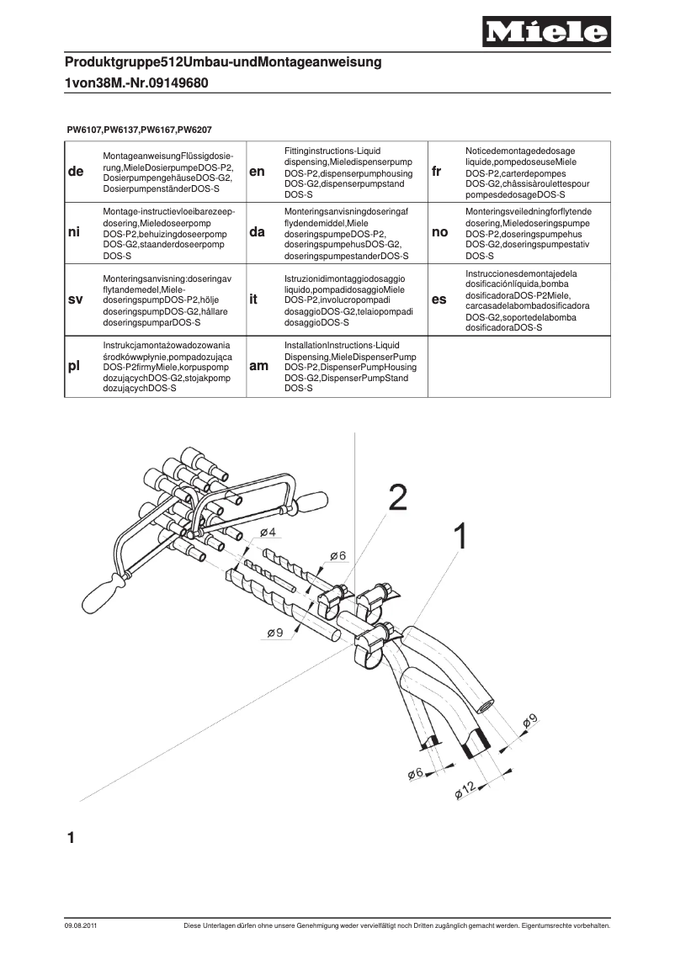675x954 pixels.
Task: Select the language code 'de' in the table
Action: click(75, 172)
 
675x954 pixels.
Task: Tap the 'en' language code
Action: click(258, 172)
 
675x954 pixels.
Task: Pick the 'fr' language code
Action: click(437, 172)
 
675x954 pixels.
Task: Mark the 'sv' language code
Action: click(75, 299)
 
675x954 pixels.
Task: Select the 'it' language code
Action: click(253, 299)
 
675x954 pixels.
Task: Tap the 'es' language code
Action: click(439, 299)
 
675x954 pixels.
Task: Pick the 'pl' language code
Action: click(74, 367)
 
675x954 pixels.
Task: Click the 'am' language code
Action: click(259, 367)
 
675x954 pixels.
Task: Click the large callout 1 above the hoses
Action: click(460, 537)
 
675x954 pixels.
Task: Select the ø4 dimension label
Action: click(268, 533)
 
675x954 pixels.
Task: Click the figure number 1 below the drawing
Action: click(72, 838)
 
